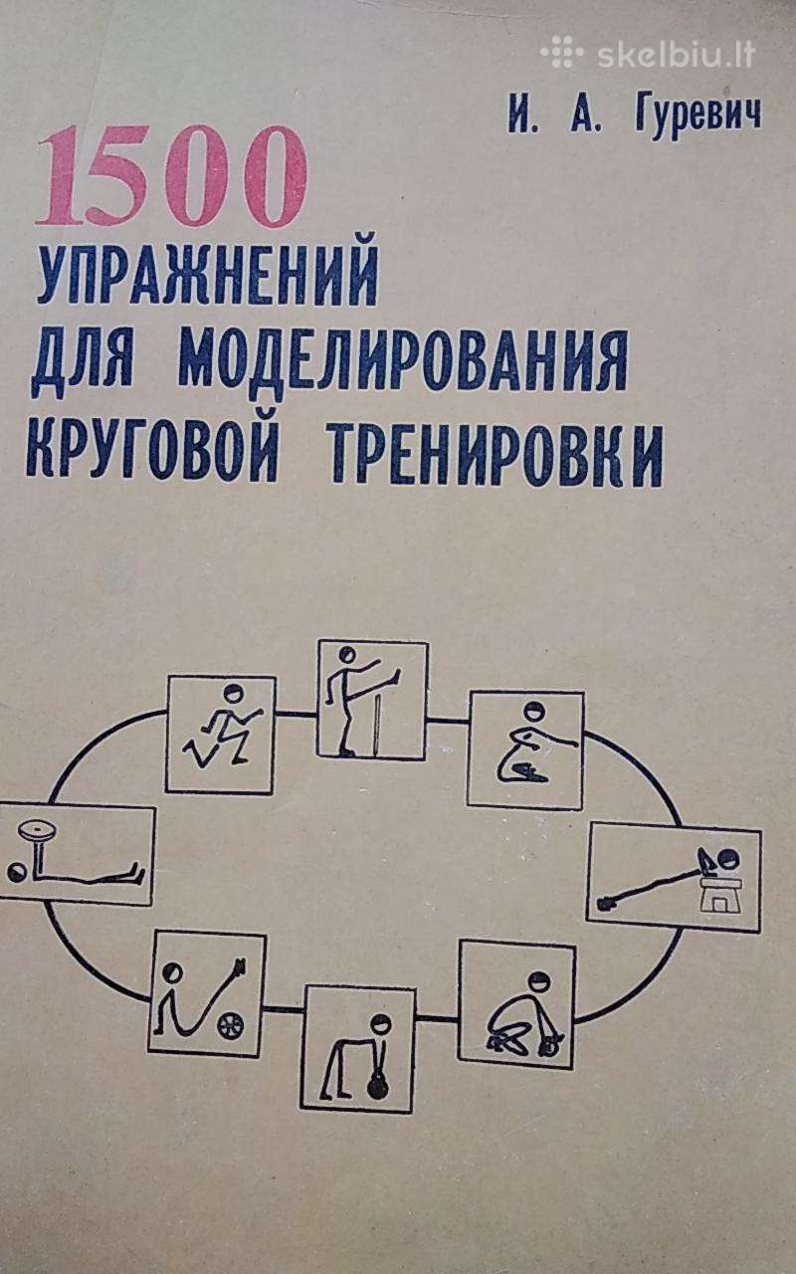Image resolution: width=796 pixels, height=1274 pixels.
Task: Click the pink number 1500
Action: point(172,176)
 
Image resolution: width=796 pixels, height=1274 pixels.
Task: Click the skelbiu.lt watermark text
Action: point(677,55)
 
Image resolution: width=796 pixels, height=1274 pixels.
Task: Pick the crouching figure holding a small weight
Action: point(524,1017)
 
